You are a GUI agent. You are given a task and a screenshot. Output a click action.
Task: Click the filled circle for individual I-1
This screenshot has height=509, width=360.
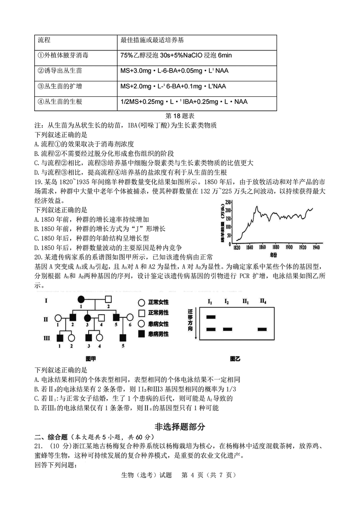[81, 299]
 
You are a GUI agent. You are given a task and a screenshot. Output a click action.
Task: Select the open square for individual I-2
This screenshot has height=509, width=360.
[108, 299]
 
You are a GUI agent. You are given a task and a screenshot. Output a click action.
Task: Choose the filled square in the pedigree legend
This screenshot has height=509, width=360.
[141, 334]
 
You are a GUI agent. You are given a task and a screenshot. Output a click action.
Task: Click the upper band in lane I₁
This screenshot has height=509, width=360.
[211, 317]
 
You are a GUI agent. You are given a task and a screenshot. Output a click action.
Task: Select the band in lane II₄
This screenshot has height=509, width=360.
[262, 329]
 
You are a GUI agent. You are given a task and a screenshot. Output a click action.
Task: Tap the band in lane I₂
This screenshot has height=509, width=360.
[227, 329]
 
